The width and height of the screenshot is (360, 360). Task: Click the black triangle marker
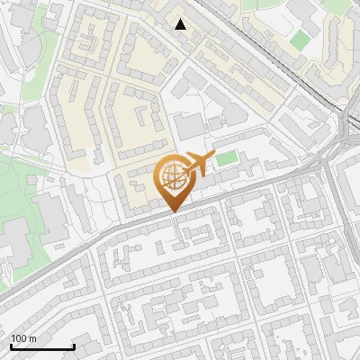pos(181,24)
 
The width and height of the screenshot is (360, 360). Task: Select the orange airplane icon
pos(198,165)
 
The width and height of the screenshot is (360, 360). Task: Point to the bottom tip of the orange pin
pos(173,212)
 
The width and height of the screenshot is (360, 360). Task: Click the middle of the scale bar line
pos(42,346)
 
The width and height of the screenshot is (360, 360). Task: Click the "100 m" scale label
pos(22,337)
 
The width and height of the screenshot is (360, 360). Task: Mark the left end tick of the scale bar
pos(11,346)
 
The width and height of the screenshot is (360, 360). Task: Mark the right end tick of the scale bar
pos(74,346)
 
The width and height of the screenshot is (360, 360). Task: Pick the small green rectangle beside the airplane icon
pos(228,158)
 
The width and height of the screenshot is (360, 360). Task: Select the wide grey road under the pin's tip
pos(180,216)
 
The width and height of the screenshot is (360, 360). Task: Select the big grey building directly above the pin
pos(190,125)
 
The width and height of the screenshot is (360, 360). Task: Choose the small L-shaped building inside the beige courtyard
pos(143,116)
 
